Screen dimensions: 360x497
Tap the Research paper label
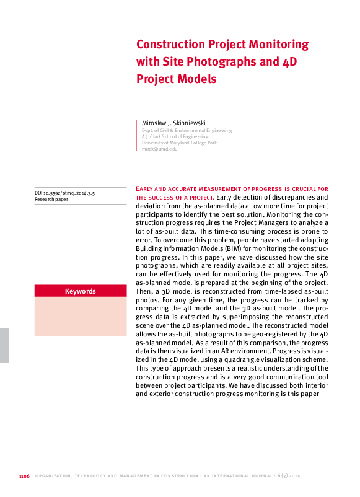pos(53,201)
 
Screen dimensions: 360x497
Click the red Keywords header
pos(81,291)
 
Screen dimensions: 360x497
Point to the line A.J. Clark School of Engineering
pos(175,136)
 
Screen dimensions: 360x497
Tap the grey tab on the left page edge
pos(4,345)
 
